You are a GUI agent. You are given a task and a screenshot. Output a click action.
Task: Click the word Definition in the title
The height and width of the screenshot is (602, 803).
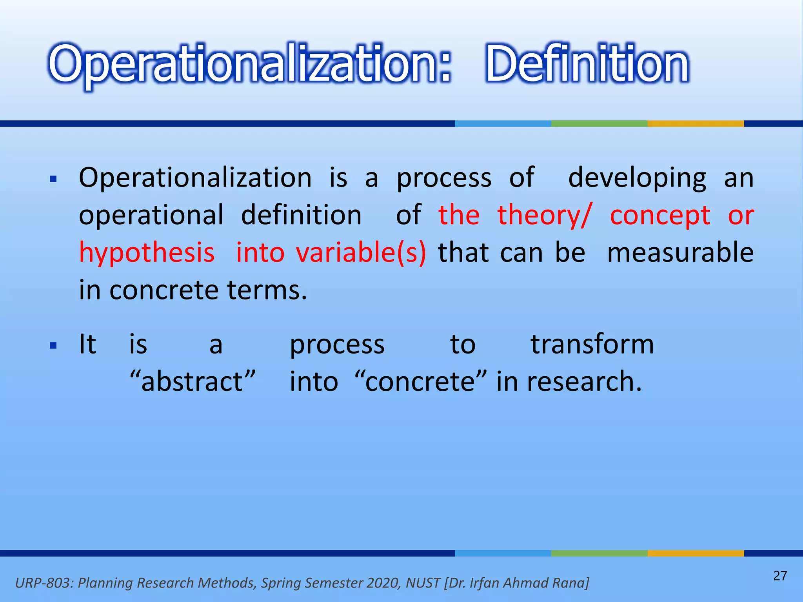click(587, 63)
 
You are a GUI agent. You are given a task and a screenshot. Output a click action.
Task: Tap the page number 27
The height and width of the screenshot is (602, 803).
click(780, 576)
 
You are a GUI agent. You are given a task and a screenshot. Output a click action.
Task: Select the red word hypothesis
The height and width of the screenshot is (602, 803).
click(147, 253)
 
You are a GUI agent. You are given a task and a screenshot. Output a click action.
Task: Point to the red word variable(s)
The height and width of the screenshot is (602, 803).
click(361, 253)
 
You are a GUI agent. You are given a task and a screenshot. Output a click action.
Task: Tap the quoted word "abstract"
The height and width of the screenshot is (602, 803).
click(193, 381)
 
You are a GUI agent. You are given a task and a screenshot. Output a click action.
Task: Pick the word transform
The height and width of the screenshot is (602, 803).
click(592, 344)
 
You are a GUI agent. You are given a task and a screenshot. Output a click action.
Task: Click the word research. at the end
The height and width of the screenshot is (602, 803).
click(584, 381)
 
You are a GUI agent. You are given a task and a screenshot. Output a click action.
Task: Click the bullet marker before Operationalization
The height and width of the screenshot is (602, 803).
click(54, 180)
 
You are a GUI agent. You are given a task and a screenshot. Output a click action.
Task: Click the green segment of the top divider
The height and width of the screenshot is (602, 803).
click(599, 123)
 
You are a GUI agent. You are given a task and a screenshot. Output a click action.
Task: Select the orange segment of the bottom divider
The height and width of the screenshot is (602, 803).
click(696, 553)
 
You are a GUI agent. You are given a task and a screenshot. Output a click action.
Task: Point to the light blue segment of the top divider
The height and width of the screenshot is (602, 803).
click(503, 123)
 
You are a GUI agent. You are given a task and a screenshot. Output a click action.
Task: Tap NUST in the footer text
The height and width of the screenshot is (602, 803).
click(423, 583)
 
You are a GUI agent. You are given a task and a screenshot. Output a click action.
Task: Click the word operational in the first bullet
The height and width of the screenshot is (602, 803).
click(151, 216)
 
